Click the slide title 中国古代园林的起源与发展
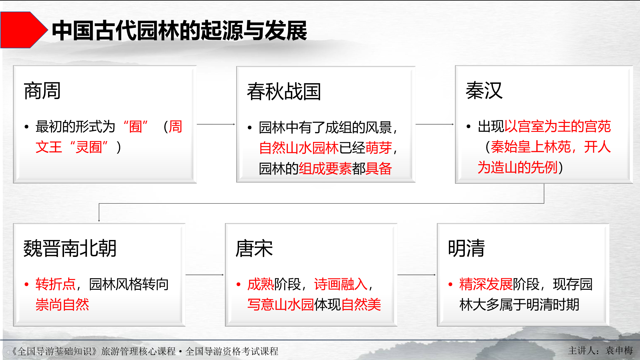[179, 31]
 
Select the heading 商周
[42, 91]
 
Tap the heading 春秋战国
[284, 92]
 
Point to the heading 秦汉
[484, 91]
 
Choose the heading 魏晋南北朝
[70, 248]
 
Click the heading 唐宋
[254, 248]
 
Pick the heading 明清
[466, 248]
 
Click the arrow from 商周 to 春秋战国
[216, 124]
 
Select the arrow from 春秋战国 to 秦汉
[435, 124]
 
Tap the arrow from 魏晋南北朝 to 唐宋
[205, 275]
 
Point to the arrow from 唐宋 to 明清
[416, 275]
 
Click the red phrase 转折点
[55, 284]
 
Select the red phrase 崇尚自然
[62, 305]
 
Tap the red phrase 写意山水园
[280, 305]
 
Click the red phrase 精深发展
[486, 284]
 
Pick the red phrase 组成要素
[325, 169]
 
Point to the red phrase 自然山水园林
[299, 148]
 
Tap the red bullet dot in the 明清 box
[450, 284]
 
